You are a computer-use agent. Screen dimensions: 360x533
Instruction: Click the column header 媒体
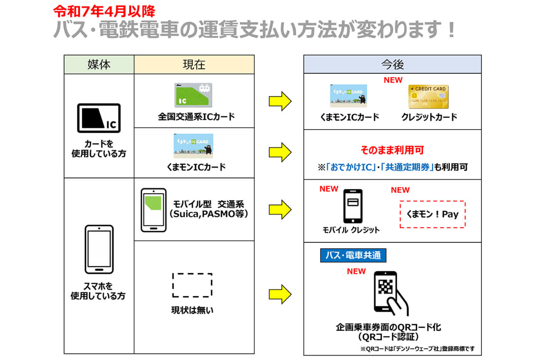[x=99, y=65]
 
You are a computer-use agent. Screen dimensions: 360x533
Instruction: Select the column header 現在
[x=194, y=65]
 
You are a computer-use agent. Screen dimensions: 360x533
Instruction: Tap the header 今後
[x=392, y=65]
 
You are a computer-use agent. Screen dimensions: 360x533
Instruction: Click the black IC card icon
[x=99, y=118]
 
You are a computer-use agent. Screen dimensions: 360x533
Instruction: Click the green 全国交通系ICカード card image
[x=193, y=95]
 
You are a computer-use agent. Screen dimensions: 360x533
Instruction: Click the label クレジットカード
[x=429, y=117]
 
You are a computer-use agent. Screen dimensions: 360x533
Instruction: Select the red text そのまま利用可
[x=392, y=150]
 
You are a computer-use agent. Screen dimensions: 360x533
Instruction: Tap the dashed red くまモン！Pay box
[x=432, y=214]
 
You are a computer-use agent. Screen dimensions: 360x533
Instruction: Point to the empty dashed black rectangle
[x=192, y=285]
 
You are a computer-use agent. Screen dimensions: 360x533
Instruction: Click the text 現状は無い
[x=192, y=310]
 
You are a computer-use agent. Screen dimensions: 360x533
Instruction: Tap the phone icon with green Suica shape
[x=153, y=210]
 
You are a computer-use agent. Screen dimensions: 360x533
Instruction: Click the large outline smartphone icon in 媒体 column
[x=99, y=249]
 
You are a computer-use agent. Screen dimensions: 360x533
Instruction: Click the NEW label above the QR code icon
[x=356, y=271]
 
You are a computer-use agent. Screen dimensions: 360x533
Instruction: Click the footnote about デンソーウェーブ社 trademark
[x=417, y=348]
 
